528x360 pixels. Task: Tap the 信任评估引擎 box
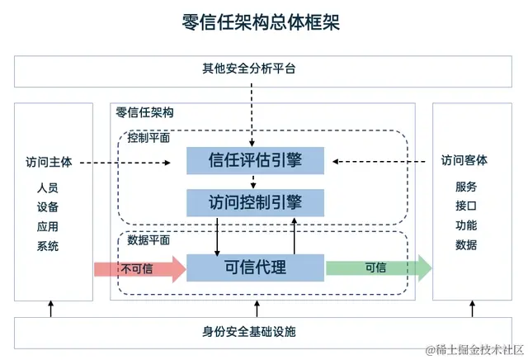256,160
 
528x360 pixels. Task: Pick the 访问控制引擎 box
256,202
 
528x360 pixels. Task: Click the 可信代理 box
256,268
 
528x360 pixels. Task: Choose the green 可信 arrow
378,268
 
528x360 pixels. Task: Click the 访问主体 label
49,162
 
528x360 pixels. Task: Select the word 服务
466,187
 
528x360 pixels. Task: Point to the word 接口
466,206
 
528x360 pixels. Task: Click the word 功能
466,225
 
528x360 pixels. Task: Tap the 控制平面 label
149,138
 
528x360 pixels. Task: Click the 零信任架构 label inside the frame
144,112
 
